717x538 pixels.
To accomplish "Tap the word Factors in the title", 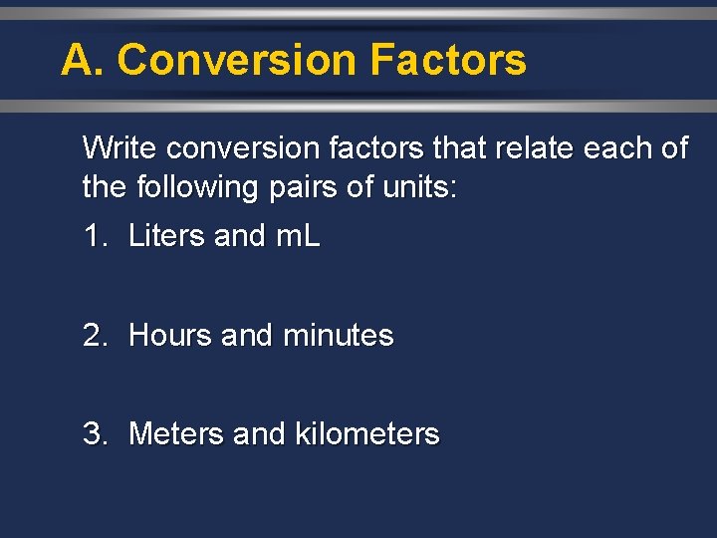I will [x=447, y=60].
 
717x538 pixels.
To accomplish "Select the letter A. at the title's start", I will [x=82, y=60].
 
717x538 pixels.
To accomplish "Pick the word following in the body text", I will [x=190, y=187].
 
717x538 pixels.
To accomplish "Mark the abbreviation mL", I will [x=297, y=236].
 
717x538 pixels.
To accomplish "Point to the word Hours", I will [x=170, y=336].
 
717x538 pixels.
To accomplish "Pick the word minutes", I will [x=339, y=336].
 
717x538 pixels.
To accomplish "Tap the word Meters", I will [x=175, y=434].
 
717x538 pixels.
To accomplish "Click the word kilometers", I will [x=367, y=434].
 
